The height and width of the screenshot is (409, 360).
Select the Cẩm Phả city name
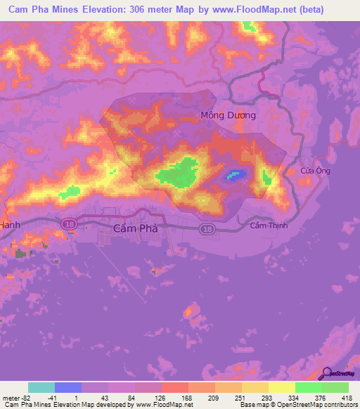coord(135,228)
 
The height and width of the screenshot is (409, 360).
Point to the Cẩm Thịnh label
coord(269,226)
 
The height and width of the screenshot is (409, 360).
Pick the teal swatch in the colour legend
coord(41,387)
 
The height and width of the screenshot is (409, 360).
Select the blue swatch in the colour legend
coord(68,387)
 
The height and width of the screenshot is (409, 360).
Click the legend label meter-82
coord(13,397)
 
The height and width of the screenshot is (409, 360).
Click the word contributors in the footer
coord(338,405)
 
